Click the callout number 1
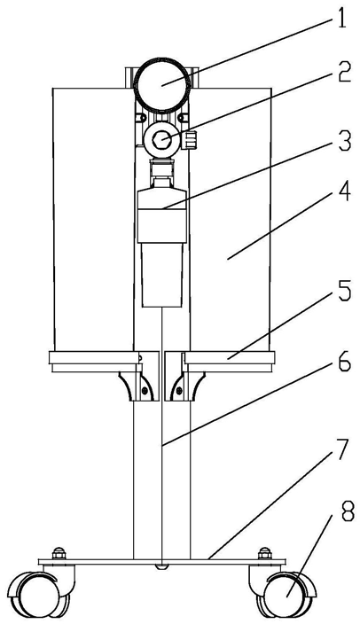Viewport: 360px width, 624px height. (340, 18)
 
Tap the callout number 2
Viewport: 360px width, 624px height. (344, 73)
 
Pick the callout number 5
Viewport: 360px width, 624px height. (344, 292)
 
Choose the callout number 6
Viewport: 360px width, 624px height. (344, 361)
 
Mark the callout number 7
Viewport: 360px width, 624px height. (341, 450)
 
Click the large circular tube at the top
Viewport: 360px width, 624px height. (162, 85)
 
